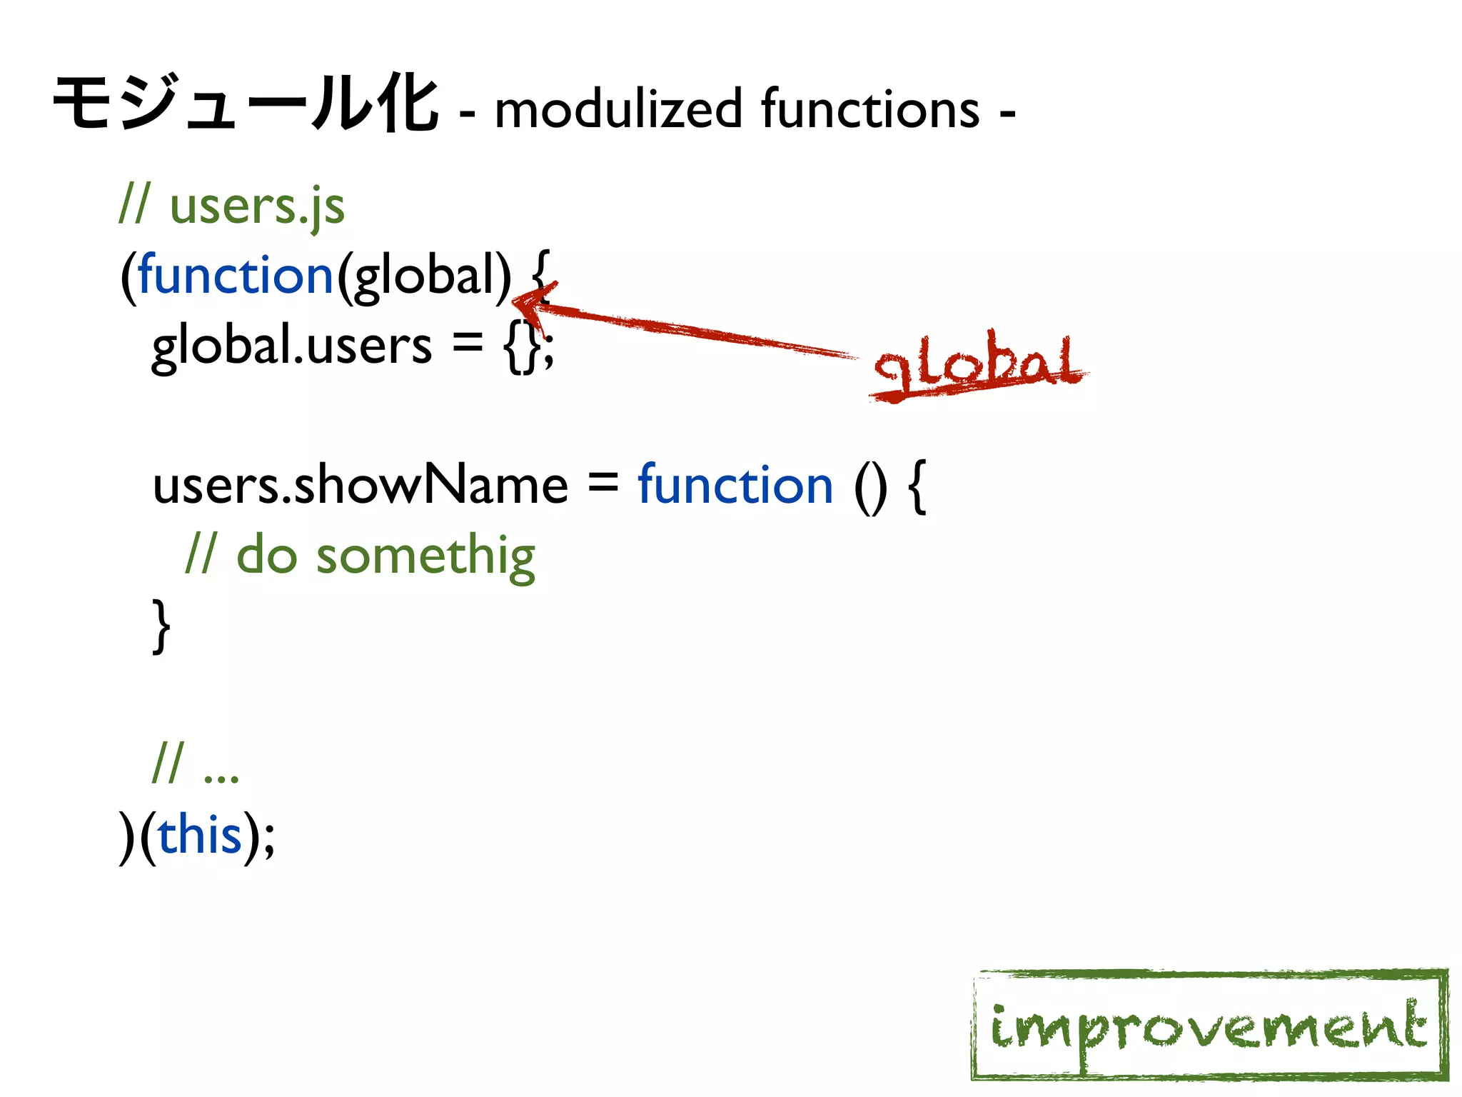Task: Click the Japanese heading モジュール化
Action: tap(245, 106)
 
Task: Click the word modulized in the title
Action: tap(618, 109)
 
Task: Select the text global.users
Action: tap(291, 346)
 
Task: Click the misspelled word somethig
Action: tap(425, 557)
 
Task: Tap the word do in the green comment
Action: tap(266, 556)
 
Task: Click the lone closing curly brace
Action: tap(162, 626)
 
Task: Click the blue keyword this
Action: tap(200, 836)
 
